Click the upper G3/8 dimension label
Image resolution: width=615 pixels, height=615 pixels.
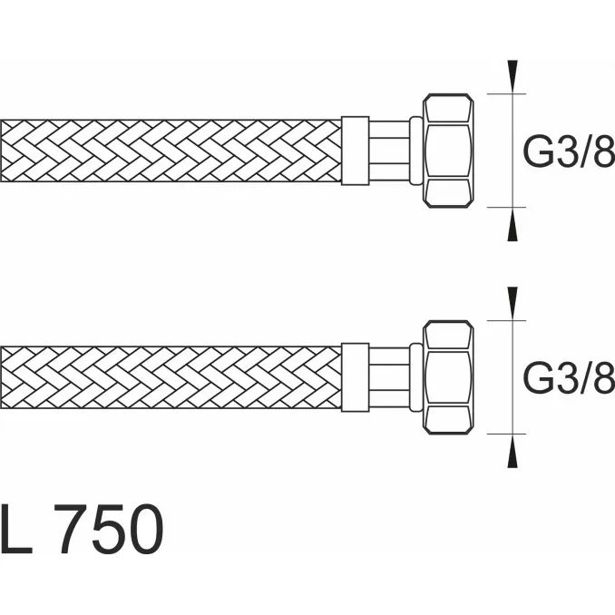[x=569, y=151]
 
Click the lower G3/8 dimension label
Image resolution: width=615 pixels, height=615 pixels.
[x=569, y=377]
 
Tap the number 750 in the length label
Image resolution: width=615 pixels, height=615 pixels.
[x=109, y=529]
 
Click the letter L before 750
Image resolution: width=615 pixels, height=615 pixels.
[x=15, y=529]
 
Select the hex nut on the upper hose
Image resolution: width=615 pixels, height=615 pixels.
[x=448, y=151]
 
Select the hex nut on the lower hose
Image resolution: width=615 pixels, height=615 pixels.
[x=448, y=377]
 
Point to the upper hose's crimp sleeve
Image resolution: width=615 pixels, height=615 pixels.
[x=355, y=151]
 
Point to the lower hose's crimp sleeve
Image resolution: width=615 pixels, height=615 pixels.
[x=355, y=377]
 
